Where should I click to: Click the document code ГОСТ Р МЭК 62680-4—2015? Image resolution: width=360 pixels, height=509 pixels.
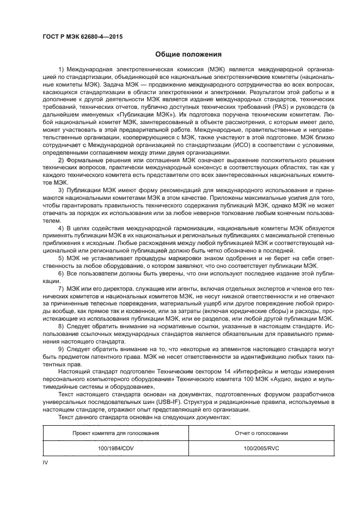[x=82, y=37]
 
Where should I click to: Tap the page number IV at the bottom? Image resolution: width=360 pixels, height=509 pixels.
[x=46, y=462]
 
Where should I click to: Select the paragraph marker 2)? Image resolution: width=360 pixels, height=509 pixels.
[x=61, y=161]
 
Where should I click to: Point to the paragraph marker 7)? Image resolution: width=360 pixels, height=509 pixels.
[x=61, y=286]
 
